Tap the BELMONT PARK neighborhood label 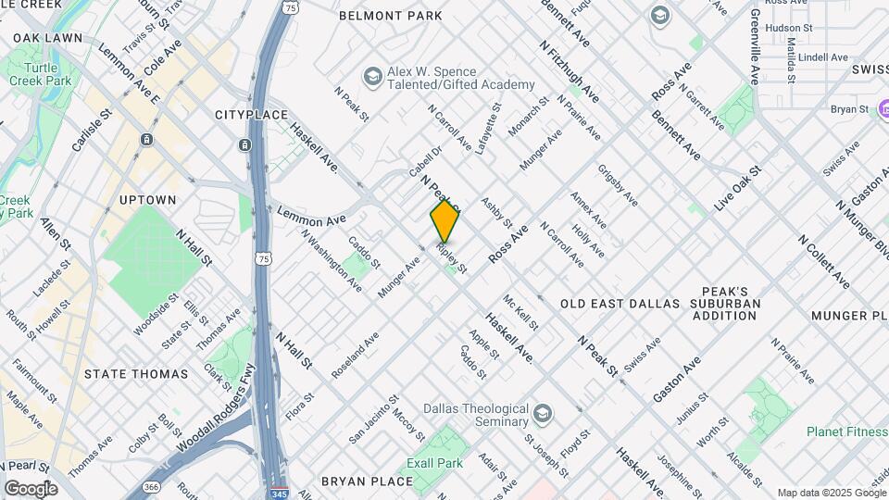click(x=390, y=16)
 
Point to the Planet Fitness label click(x=846, y=431)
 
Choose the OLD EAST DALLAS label click(x=620, y=304)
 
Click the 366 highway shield click(x=150, y=487)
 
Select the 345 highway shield click(x=280, y=493)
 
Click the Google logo click(x=30, y=488)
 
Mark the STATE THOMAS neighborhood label click(x=135, y=374)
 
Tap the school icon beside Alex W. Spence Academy click(x=372, y=75)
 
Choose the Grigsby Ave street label click(x=618, y=185)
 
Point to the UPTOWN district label click(x=147, y=200)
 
